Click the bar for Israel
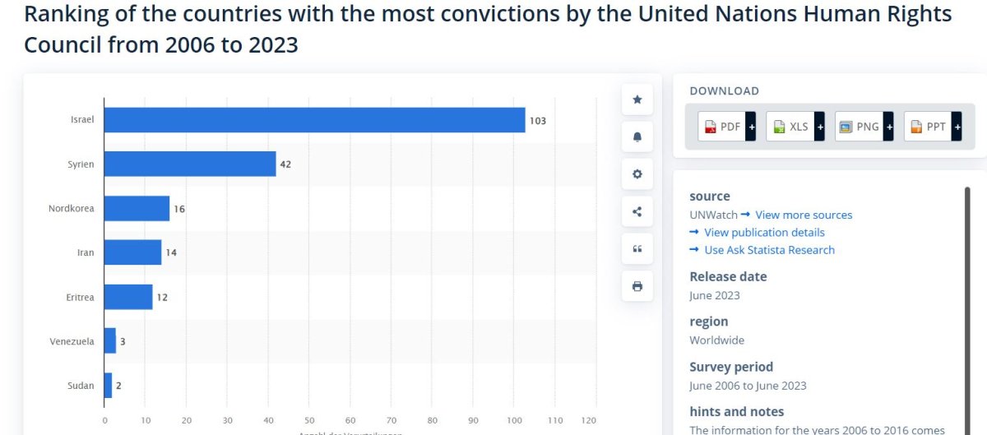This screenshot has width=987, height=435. coord(314,120)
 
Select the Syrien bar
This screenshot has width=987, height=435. coord(190,164)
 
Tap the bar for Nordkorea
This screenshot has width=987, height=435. coord(137,209)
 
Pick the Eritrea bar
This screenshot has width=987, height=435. coord(128,297)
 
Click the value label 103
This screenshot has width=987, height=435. coord(537,121)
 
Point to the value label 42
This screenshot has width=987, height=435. coord(285,164)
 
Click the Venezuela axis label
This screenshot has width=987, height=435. coord(72,341)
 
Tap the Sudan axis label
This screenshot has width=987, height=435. coord(81,385)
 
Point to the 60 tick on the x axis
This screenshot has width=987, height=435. coord(350,420)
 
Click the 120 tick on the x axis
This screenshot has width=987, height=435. coord(589,420)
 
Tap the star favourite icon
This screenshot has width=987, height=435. coord(637,99)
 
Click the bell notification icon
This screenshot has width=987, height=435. coord(637,137)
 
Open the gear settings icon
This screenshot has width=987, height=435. coord(637,174)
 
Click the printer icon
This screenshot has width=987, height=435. coord(637,286)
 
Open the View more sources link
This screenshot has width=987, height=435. coord(804,215)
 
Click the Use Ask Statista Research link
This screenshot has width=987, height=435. coord(769,250)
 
